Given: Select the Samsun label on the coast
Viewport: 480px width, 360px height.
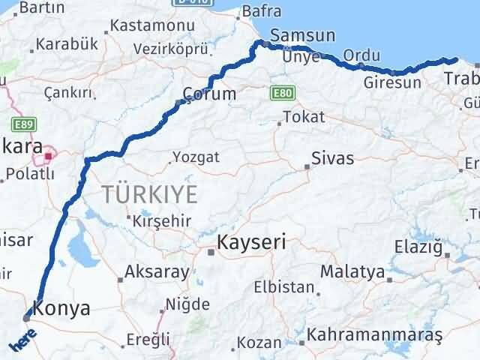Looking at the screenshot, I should point(295,34).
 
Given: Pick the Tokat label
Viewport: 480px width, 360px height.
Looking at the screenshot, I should point(304,117).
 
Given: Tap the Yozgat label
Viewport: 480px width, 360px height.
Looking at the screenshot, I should point(196,157).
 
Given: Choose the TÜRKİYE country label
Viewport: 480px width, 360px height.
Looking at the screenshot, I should point(151,194).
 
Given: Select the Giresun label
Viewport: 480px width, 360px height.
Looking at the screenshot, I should point(391,82).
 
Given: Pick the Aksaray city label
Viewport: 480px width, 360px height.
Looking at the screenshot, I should point(157,271).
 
